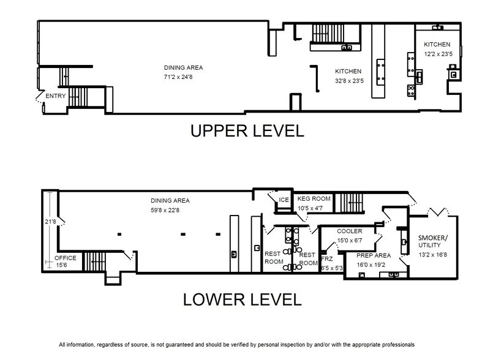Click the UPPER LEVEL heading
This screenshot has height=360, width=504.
[x=246, y=132]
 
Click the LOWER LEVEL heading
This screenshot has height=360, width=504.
[x=242, y=299]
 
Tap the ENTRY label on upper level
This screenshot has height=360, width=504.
[x=56, y=96]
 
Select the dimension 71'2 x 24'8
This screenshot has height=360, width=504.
[x=183, y=76]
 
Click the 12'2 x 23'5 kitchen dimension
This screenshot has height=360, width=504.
[x=437, y=54]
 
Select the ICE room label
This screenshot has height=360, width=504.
[x=284, y=200]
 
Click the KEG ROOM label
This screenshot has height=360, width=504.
[x=314, y=199]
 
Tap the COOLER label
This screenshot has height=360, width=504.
[x=349, y=231]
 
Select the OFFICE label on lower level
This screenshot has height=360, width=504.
[x=66, y=258]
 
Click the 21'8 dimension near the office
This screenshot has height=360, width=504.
[x=51, y=221]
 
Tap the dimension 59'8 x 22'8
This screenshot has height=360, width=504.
[x=170, y=209]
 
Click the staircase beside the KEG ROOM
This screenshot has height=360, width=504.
[x=352, y=202]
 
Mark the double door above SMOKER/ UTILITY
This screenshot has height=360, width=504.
[x=436, y=212]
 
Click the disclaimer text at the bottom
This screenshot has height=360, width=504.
[x=236, y=345]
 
